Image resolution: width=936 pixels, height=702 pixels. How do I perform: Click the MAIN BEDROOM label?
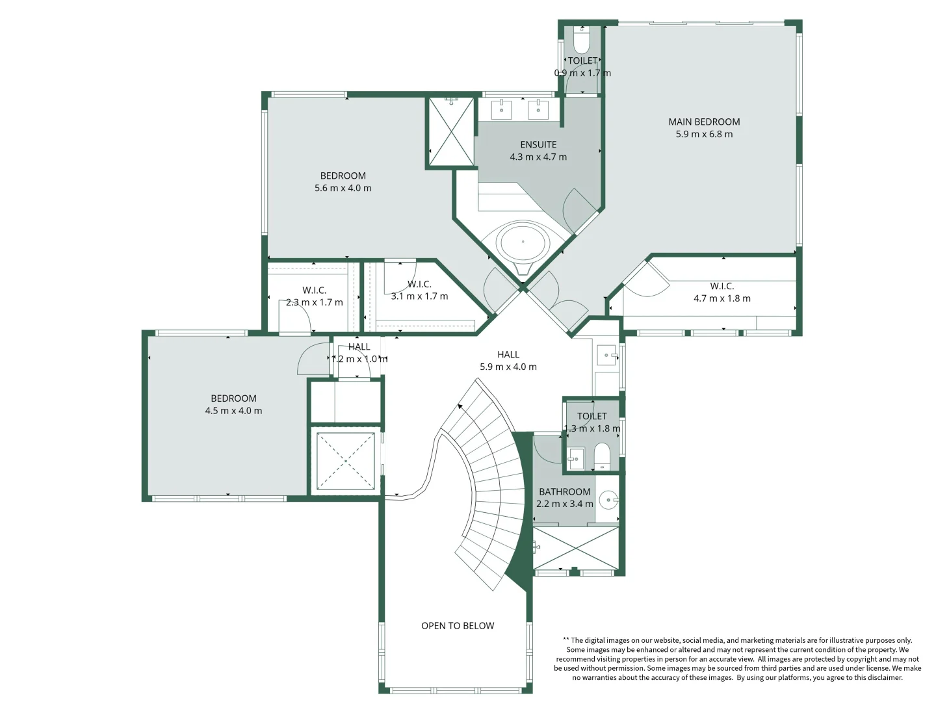[x=704, y=122]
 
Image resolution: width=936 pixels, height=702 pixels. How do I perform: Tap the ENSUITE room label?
[x=538, y=144]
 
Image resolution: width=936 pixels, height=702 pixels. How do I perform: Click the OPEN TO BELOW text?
[x=458, y=626]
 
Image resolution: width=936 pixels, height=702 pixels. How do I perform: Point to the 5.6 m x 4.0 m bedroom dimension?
[x=343, y=188]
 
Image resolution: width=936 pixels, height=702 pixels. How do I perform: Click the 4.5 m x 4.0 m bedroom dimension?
[x=233, y=411]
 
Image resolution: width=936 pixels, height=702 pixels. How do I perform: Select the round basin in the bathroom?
[x=608, y=500]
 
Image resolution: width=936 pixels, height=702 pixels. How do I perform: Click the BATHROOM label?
[x=565, y=492]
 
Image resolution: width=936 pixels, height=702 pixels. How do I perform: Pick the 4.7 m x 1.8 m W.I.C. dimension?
[x=722, y=298]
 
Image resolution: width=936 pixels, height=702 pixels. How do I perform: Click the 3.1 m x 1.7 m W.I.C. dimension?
[x=420, y=296]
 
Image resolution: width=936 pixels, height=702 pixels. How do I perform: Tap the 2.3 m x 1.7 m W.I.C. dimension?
[x=314, y=303]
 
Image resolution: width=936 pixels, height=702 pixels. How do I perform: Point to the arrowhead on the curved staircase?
[x=461, y=406]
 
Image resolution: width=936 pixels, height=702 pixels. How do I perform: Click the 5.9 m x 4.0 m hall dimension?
[x=508, y=367]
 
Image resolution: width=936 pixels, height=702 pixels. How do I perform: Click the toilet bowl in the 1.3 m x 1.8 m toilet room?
[x=602, y=455]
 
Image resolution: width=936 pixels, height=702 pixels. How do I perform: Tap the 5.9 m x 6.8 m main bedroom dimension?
[x=704, y=135]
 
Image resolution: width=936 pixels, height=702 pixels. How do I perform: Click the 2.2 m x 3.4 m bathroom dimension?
[x=565, y=504]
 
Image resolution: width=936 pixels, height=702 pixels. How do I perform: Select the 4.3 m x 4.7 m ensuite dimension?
[x=538, y=157]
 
